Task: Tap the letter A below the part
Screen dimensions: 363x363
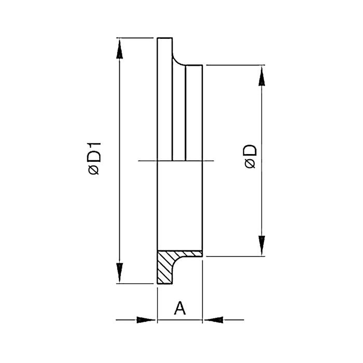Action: [x=179, y=309]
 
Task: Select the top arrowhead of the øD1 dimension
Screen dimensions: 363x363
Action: [x=120, y=49]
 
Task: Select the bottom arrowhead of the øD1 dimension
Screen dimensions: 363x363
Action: [x=120, y=272]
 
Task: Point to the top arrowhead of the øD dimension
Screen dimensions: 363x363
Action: [x=262, y=76]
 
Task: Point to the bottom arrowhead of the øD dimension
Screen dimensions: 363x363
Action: [x=262, y=245]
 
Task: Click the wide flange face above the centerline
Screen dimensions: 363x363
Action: [x=165, y=104]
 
